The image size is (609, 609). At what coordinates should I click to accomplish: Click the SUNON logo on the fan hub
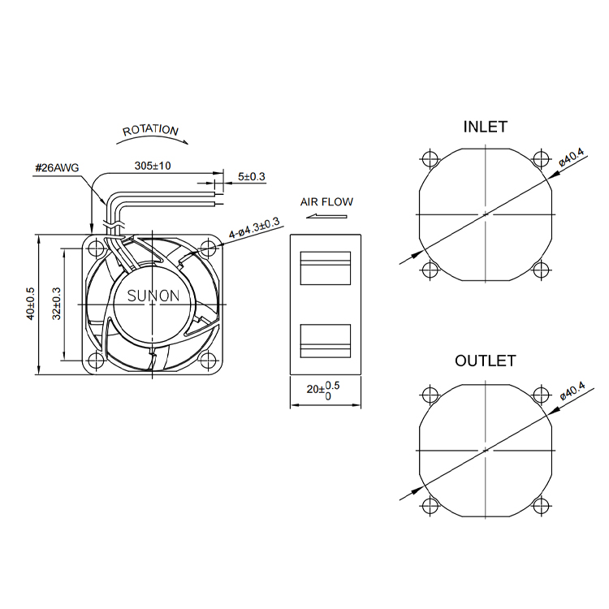tap(153, 296)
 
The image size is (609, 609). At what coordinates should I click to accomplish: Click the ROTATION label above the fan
tap(150, 130)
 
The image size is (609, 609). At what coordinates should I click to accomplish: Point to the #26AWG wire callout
tap(57, 168)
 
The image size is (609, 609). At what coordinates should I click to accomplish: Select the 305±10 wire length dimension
tap(153, 166)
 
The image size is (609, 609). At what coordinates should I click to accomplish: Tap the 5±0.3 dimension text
tap(251, 177)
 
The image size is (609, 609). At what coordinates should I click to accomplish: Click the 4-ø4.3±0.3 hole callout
tap(254, 228)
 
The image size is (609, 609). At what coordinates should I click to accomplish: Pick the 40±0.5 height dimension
tap(31, 304)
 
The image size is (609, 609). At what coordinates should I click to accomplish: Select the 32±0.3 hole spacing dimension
tap(57, 304)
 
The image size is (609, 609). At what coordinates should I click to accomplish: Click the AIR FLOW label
tap(326, 202)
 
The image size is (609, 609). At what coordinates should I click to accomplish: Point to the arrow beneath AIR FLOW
tap(326, 216)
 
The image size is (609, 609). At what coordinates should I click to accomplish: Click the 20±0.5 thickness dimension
tap(323, 391)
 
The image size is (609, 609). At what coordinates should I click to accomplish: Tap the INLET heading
tap(486, 127)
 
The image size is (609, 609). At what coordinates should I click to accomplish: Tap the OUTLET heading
tap(486, 361)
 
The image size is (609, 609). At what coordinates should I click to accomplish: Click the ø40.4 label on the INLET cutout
tap(572, 158)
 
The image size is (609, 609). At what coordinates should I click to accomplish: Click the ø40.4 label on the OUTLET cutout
tap(572, 391)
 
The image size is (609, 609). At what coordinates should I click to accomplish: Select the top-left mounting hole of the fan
tap(96, 248)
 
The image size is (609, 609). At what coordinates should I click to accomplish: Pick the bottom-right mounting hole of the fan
tap(208, 360)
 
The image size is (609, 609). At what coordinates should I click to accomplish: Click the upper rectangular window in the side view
tap(326, 268)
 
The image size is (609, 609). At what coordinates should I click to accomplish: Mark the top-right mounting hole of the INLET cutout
tap(542, 158)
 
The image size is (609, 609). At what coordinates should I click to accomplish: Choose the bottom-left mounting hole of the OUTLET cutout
tap(430, 506)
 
